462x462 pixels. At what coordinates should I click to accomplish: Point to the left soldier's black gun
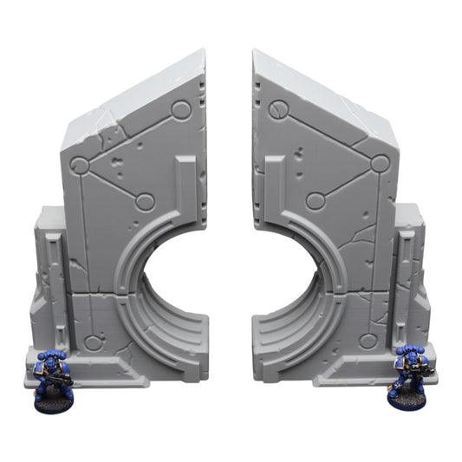62,378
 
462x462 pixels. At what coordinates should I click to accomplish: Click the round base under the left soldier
54,401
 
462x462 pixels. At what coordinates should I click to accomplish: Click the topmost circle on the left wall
180,110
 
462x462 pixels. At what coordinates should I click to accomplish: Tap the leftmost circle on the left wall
80,166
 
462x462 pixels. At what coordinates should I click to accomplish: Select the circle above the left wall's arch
146,202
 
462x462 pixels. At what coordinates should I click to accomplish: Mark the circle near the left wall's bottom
93,342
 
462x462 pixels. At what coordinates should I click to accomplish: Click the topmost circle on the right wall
278,110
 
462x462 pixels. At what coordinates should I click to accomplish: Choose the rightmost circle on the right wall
380,163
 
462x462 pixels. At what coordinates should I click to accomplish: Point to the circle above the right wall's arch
316,201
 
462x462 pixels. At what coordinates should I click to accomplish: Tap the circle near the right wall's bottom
368,341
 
